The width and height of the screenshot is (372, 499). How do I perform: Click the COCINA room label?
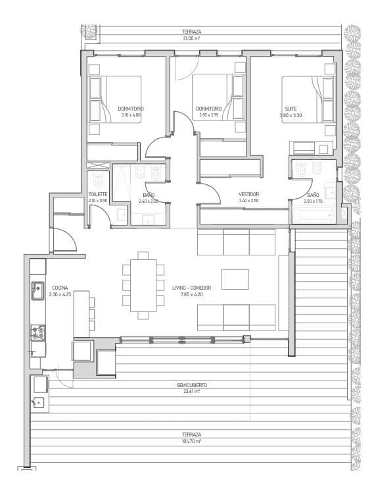click(x=60, y=288)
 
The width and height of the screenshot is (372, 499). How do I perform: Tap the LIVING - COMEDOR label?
click(x=191, y=288)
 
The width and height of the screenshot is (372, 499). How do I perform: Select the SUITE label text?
click(x=291, y=109)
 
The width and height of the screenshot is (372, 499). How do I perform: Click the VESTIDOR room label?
click(x=248, y=194)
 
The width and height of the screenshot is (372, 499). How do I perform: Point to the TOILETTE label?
click(x=98, y=194)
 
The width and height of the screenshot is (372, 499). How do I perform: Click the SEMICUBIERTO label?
click(x=191, y=385)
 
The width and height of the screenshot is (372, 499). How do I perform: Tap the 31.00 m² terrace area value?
click(x=191, y=38)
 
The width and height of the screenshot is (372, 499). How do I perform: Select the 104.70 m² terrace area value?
click(x=191, y=441)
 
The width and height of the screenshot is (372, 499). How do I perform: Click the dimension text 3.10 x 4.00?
click(x=131, y=115)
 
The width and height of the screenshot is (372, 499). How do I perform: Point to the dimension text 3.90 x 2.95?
click(x=209, y=115)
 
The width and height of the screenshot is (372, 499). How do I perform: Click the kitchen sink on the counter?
click(x=38, y=290)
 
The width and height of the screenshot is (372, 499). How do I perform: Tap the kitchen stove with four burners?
click(x=38, y=332)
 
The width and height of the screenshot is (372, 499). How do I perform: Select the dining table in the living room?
click(x=143, y=286)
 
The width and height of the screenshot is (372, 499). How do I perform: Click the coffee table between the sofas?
click(x=235, y=279)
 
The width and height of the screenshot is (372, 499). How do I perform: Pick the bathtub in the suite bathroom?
click(x=314, y=215)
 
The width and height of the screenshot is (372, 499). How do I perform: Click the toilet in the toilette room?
click(x=98, y=180)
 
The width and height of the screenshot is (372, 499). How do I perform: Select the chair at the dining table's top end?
click(x=143, y=255)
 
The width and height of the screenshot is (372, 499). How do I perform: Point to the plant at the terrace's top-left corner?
click(x=89, y=31)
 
